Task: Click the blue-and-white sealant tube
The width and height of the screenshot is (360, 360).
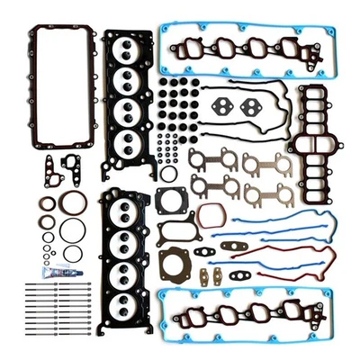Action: [57, 270]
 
